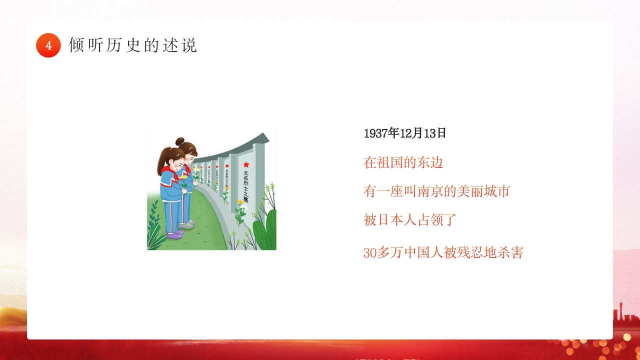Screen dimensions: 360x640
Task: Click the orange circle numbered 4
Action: (x=48, y=45)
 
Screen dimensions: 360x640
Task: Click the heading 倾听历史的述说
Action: (x=133, y=45)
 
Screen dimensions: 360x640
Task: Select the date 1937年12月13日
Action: (x=405, y=133)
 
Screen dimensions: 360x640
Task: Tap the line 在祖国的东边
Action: (x=403, y=162)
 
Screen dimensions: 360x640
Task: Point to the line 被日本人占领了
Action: (x=410, y=220)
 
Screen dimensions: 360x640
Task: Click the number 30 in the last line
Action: (x=369, y=253)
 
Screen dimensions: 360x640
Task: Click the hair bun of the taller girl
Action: (x=179, y=141)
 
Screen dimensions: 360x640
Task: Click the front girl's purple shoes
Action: (x=174, y=234)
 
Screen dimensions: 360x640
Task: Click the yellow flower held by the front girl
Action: (x=184, y=177)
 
